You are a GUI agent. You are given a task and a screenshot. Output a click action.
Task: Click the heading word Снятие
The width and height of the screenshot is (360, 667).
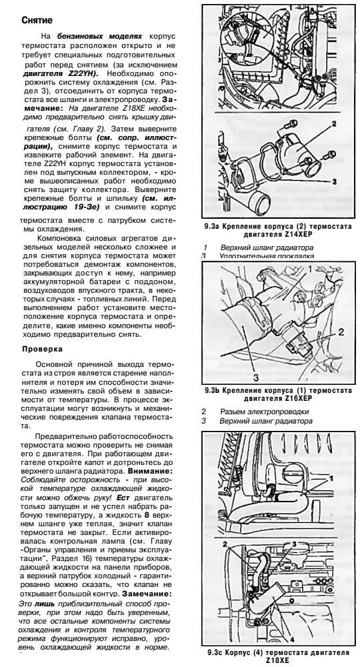click(x=34, y=21)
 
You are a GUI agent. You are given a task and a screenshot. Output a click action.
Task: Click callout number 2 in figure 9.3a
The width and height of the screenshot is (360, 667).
click(x=333, y=124)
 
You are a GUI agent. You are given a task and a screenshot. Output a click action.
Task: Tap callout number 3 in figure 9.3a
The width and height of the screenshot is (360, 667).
click(x=333, y=181)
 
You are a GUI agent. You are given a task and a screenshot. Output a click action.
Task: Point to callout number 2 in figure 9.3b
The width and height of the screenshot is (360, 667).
click(x=340, y=331)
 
